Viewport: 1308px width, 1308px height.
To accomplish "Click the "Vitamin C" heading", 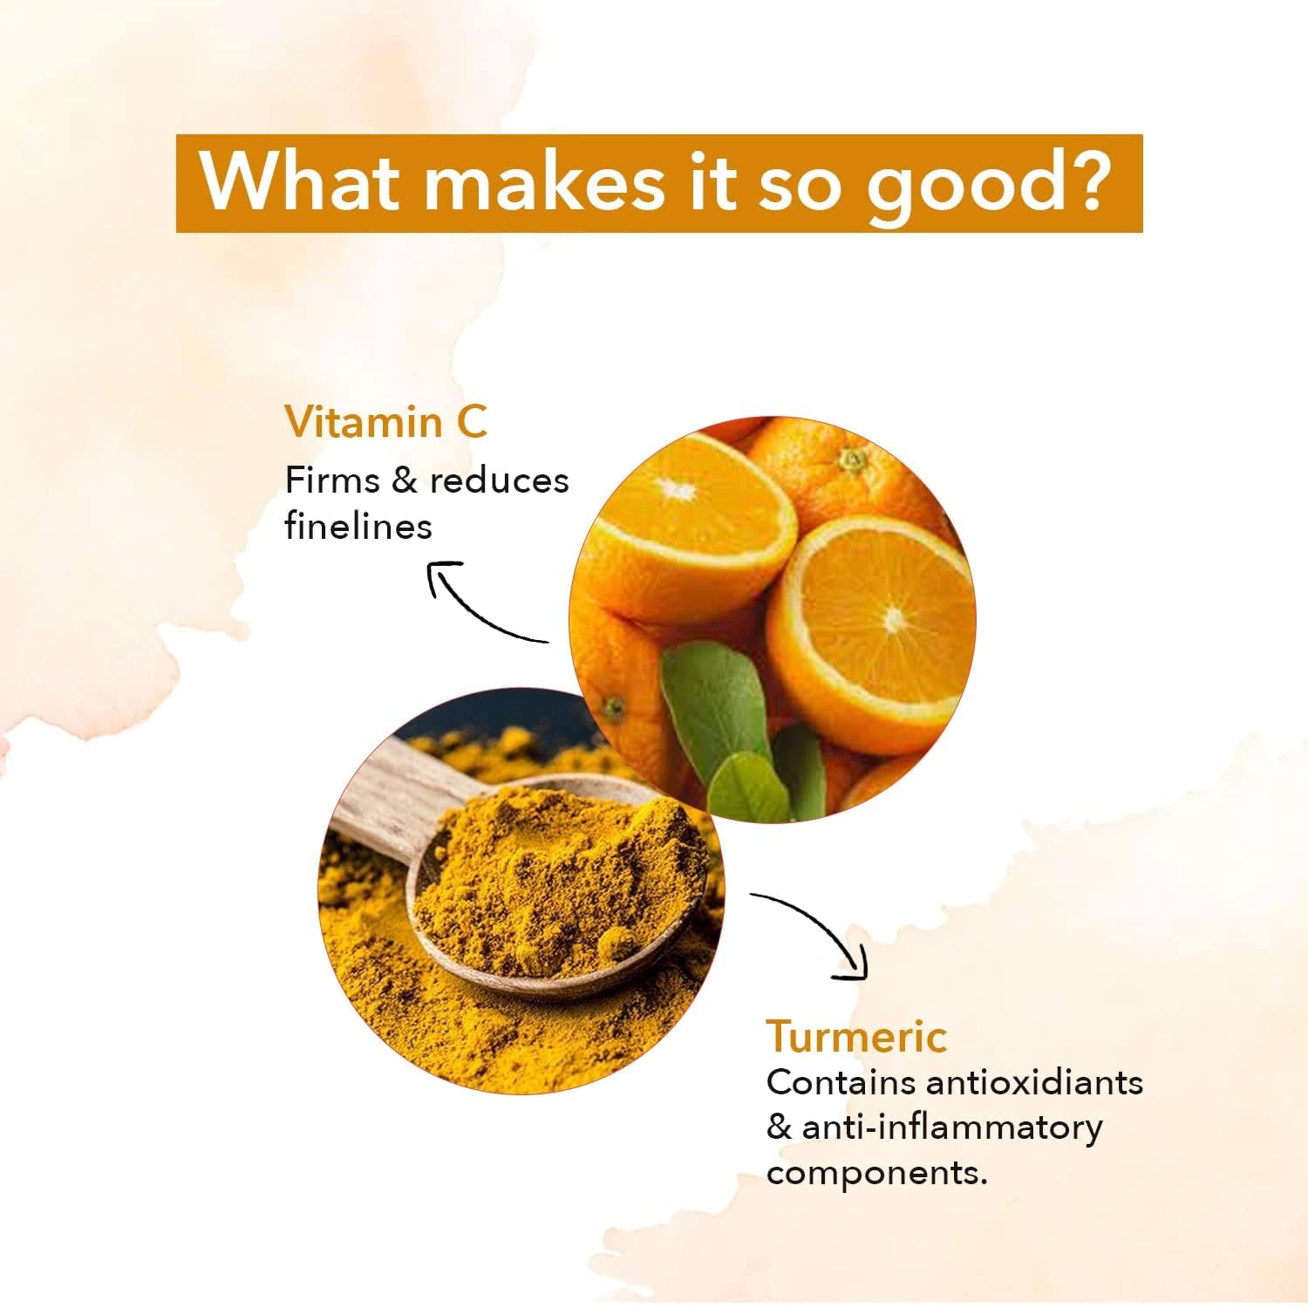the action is click(x=385, y=422).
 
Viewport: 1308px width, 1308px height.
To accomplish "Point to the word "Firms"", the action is click(x=332, y=480).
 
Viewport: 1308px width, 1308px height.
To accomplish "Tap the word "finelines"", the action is click(x=358, y=526).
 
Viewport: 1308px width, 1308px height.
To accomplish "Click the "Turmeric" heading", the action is click(x=856, y=1036).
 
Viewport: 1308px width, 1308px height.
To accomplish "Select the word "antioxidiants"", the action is click(x=1034, y=1082).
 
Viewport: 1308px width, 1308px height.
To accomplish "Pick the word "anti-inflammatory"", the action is click(x=952, y=1127).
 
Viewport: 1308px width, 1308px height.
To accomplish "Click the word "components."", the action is click(x=876, y=1174).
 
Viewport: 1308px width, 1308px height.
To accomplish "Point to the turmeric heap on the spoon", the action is click(x=558, y=881).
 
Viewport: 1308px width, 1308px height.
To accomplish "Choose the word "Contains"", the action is click(x=841, y=1082).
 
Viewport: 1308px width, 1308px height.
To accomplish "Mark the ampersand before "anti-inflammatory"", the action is click(x=779, y=1127).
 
